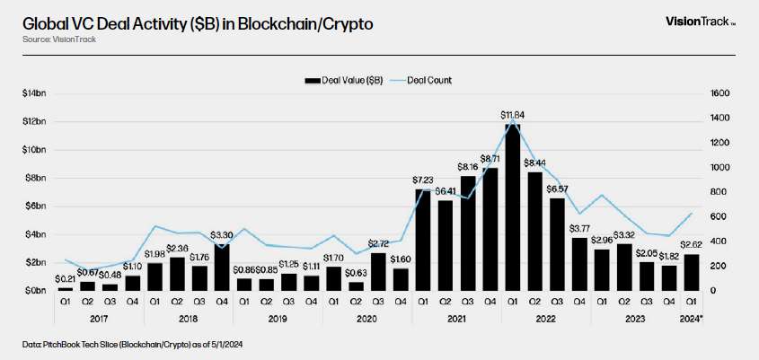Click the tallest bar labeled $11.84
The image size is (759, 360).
[513, 206]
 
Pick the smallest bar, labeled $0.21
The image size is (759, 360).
[65, 288]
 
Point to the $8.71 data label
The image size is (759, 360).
[490, 158]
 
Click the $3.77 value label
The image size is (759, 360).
[580, 227]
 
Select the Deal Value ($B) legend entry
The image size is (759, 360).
[345, 81]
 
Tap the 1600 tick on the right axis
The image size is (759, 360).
[720, 93]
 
